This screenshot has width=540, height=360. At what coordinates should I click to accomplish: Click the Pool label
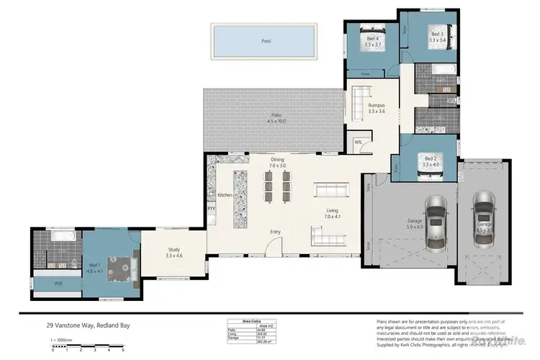265,42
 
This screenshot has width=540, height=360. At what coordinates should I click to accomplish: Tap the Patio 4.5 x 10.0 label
272,118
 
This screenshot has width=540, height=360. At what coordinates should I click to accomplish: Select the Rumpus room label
377,108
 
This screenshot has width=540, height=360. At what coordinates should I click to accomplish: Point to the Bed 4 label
372,42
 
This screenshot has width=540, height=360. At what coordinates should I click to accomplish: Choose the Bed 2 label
431,162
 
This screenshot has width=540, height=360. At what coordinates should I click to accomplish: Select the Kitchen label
225,195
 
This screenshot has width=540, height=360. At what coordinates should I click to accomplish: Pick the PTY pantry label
212,210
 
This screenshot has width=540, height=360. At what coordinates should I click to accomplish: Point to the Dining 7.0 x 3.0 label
278,163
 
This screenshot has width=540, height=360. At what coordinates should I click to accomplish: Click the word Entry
275,232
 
